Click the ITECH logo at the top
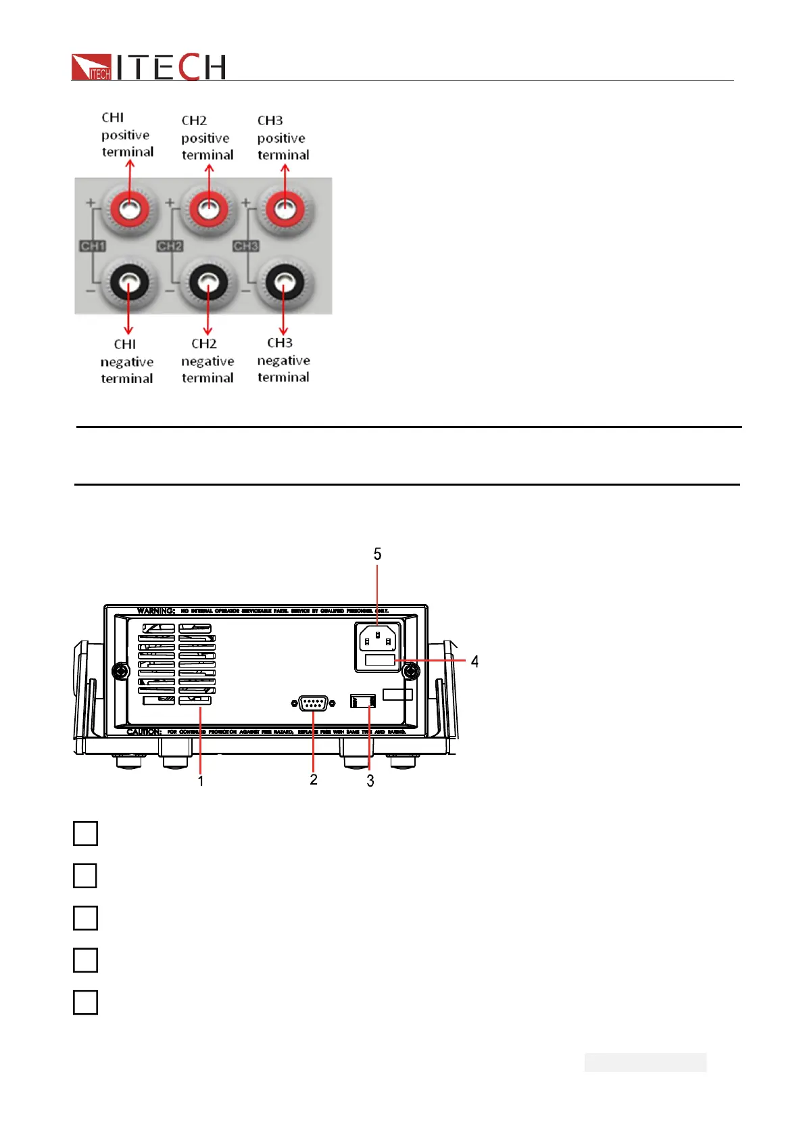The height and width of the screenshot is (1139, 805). [x=148, y=67]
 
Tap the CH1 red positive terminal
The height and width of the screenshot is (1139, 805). [x=129, y=210]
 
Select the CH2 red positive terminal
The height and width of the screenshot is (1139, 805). [x=208, y=209]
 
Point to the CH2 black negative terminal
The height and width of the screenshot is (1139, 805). [x=208, y=283]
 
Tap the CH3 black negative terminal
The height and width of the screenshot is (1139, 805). [x=285, y=283]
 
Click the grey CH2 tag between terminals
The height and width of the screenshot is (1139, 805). [x=170, y=246]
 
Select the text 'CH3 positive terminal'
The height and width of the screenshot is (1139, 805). [x=283, y=138]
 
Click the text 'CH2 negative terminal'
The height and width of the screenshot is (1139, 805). [x=207, y=361]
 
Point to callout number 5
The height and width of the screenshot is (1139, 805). [x=377, y=555]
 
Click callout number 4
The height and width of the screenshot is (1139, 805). [x=474, y=661]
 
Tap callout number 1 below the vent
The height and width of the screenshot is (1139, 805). [x=201, y=781]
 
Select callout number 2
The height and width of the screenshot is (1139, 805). [x=314, y=780]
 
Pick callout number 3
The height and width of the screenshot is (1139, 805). [x=370, y=781]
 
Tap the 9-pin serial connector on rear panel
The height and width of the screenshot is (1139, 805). [x=313, y=704]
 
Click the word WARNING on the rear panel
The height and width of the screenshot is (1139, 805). [x=156, y=611]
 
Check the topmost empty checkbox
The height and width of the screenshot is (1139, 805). [x=85, y=833]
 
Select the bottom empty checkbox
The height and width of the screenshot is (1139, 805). [x=85, y=1002]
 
